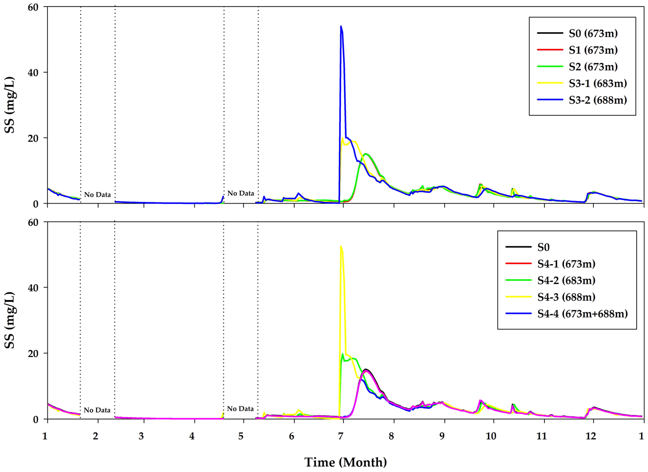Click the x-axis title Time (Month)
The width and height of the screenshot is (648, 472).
pos(345,462)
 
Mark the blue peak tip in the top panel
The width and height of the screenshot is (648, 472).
pos(341,26)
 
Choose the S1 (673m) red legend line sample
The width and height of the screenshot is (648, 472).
pos(550,50)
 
